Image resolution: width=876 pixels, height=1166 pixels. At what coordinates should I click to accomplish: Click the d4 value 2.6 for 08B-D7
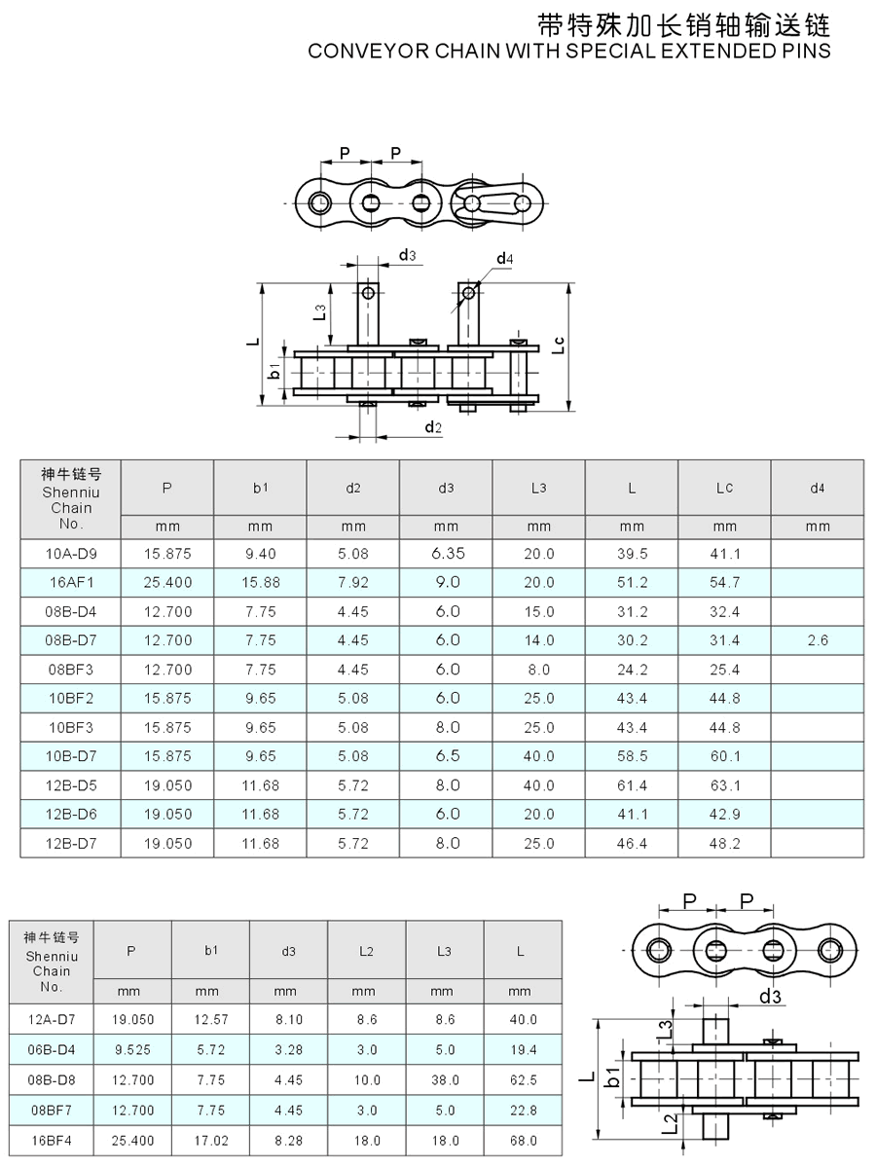pos(818,640)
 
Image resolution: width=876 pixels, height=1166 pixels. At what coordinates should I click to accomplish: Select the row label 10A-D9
pos(71,554)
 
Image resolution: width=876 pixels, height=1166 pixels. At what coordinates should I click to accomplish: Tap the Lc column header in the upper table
pos(724,488)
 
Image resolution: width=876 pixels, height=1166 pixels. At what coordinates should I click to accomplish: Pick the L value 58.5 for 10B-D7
pos(632,756)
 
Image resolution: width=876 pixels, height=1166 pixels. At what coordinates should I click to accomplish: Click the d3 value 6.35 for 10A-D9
pos(447,554)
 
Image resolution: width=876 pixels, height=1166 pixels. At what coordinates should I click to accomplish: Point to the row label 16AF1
pos(71,582)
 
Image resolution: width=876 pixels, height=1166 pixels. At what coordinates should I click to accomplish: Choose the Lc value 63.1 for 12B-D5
pos(724,785)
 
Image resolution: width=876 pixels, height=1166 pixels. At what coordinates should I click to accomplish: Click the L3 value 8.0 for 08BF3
pos(538,670)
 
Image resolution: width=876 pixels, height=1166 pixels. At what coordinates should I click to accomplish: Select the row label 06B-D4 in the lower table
pos(52,1050)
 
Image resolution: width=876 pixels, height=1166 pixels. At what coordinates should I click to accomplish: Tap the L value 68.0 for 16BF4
pos(523,1140)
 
